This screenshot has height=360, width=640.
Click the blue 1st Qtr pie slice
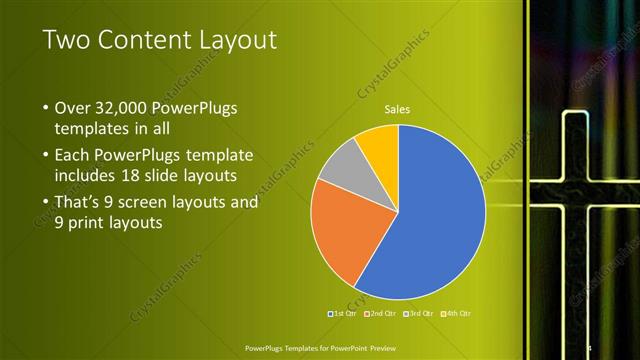pyautogui.click(x=430, y=220)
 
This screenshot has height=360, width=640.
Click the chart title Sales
pyautogui.click(x=398, y=109)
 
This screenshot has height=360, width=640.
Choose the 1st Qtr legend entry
pyautogui.click(x=343, y=314)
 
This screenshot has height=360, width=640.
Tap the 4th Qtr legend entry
pyautogui.click(x=457, y=314)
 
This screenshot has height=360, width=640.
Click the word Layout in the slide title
pyautogui.click(x=235, y=40)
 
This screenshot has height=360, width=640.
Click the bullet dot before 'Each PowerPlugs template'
pyautogui.click(x=46, y=155)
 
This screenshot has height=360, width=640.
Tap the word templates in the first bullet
pyautogui.click(x=89, y=129)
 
